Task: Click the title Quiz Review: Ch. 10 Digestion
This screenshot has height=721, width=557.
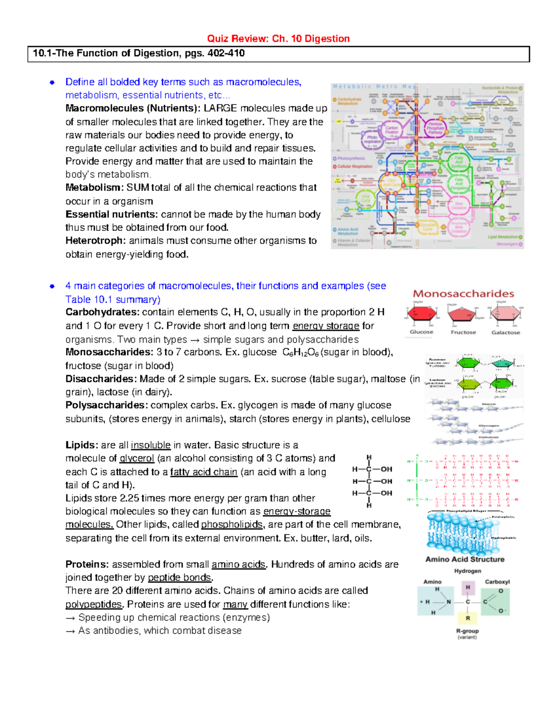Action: (278, 39)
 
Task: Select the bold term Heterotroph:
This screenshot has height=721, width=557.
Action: (96, 240)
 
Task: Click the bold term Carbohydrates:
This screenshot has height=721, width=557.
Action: (102, 312)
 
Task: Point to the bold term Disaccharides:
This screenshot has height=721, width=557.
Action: (101, 379)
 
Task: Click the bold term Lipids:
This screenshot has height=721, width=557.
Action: (82, 445)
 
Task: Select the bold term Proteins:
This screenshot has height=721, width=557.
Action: (87, 564)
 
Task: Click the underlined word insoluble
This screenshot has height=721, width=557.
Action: (150, 445)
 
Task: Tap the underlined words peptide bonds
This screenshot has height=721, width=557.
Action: (180, 578)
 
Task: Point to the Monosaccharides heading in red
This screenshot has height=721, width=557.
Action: (463, 293)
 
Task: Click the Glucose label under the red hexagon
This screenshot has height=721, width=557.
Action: (421, 332)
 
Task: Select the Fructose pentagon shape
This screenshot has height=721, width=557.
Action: (462, 314)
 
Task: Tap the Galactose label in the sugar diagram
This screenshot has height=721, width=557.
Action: (505, 332)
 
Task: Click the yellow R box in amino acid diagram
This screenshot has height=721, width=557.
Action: (468, 618)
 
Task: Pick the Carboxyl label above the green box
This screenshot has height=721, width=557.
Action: (497, 582)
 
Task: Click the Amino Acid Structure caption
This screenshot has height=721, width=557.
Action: (465, 559)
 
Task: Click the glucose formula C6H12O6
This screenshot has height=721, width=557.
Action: (300, 352)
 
